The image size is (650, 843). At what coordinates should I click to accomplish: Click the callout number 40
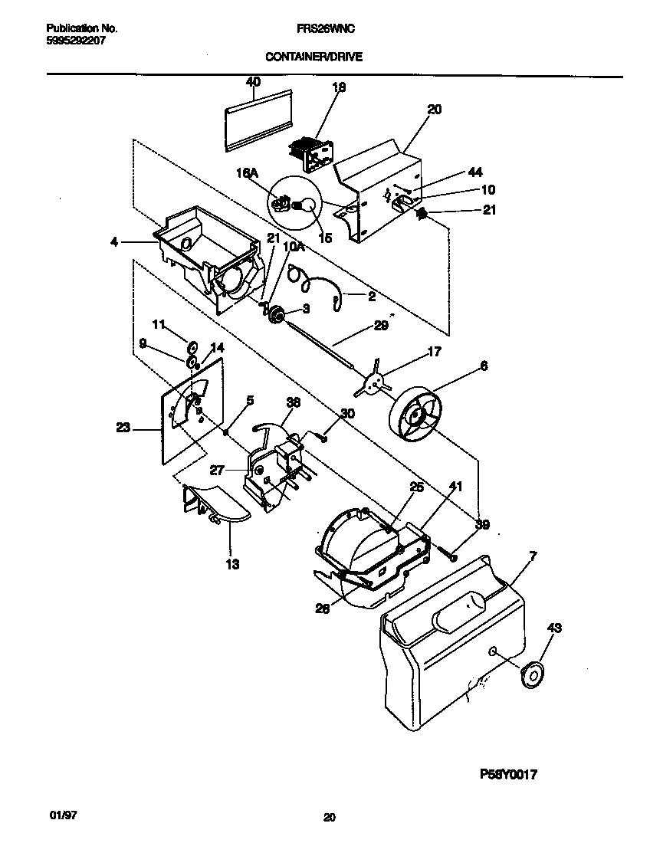pos(253,81)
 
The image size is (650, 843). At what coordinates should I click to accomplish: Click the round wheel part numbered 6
pos(417,418)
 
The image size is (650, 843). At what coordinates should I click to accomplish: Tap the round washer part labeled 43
pos(528,674)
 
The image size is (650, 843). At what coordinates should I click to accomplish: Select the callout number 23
pos(123,429)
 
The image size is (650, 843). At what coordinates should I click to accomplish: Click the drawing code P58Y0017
pos(507,775)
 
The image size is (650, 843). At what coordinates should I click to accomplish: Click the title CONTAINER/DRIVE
pos(314,56)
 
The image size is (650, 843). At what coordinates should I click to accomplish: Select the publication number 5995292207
pos(71,41)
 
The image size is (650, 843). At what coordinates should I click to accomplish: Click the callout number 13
pos(232,565)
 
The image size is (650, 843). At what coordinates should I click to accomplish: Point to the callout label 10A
pos(294,247)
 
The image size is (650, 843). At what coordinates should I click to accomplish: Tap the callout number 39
pos(482,524)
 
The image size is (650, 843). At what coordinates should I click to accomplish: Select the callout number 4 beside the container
pos(113,241)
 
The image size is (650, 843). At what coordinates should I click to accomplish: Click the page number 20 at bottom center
pos(329,818)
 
